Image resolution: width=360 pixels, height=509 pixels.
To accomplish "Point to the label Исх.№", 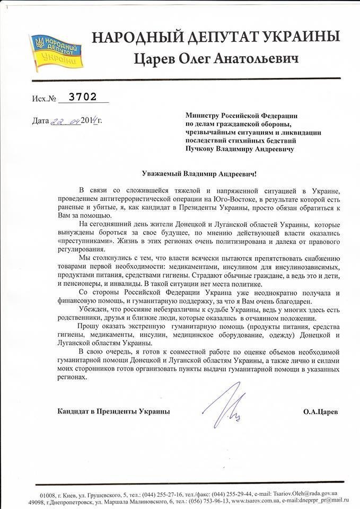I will tap(43, 98).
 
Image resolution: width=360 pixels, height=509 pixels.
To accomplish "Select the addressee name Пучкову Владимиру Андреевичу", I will tap(240, 149).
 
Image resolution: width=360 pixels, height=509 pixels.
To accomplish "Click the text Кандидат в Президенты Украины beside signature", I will tap(112, 411).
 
